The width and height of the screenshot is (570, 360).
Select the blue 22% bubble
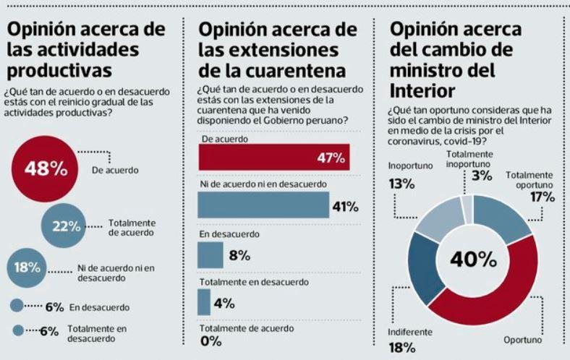[66, 226]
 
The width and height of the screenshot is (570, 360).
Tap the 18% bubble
[27, 267]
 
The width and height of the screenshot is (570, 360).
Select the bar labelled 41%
[263, 206]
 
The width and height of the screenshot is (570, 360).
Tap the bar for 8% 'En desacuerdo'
[210, 254]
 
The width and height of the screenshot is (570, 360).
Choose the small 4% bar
[204, 302]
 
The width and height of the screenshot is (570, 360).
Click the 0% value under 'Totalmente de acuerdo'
[211, 341]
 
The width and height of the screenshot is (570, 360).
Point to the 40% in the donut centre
[474, 259]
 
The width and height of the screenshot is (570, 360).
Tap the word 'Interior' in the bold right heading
[422, 91]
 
